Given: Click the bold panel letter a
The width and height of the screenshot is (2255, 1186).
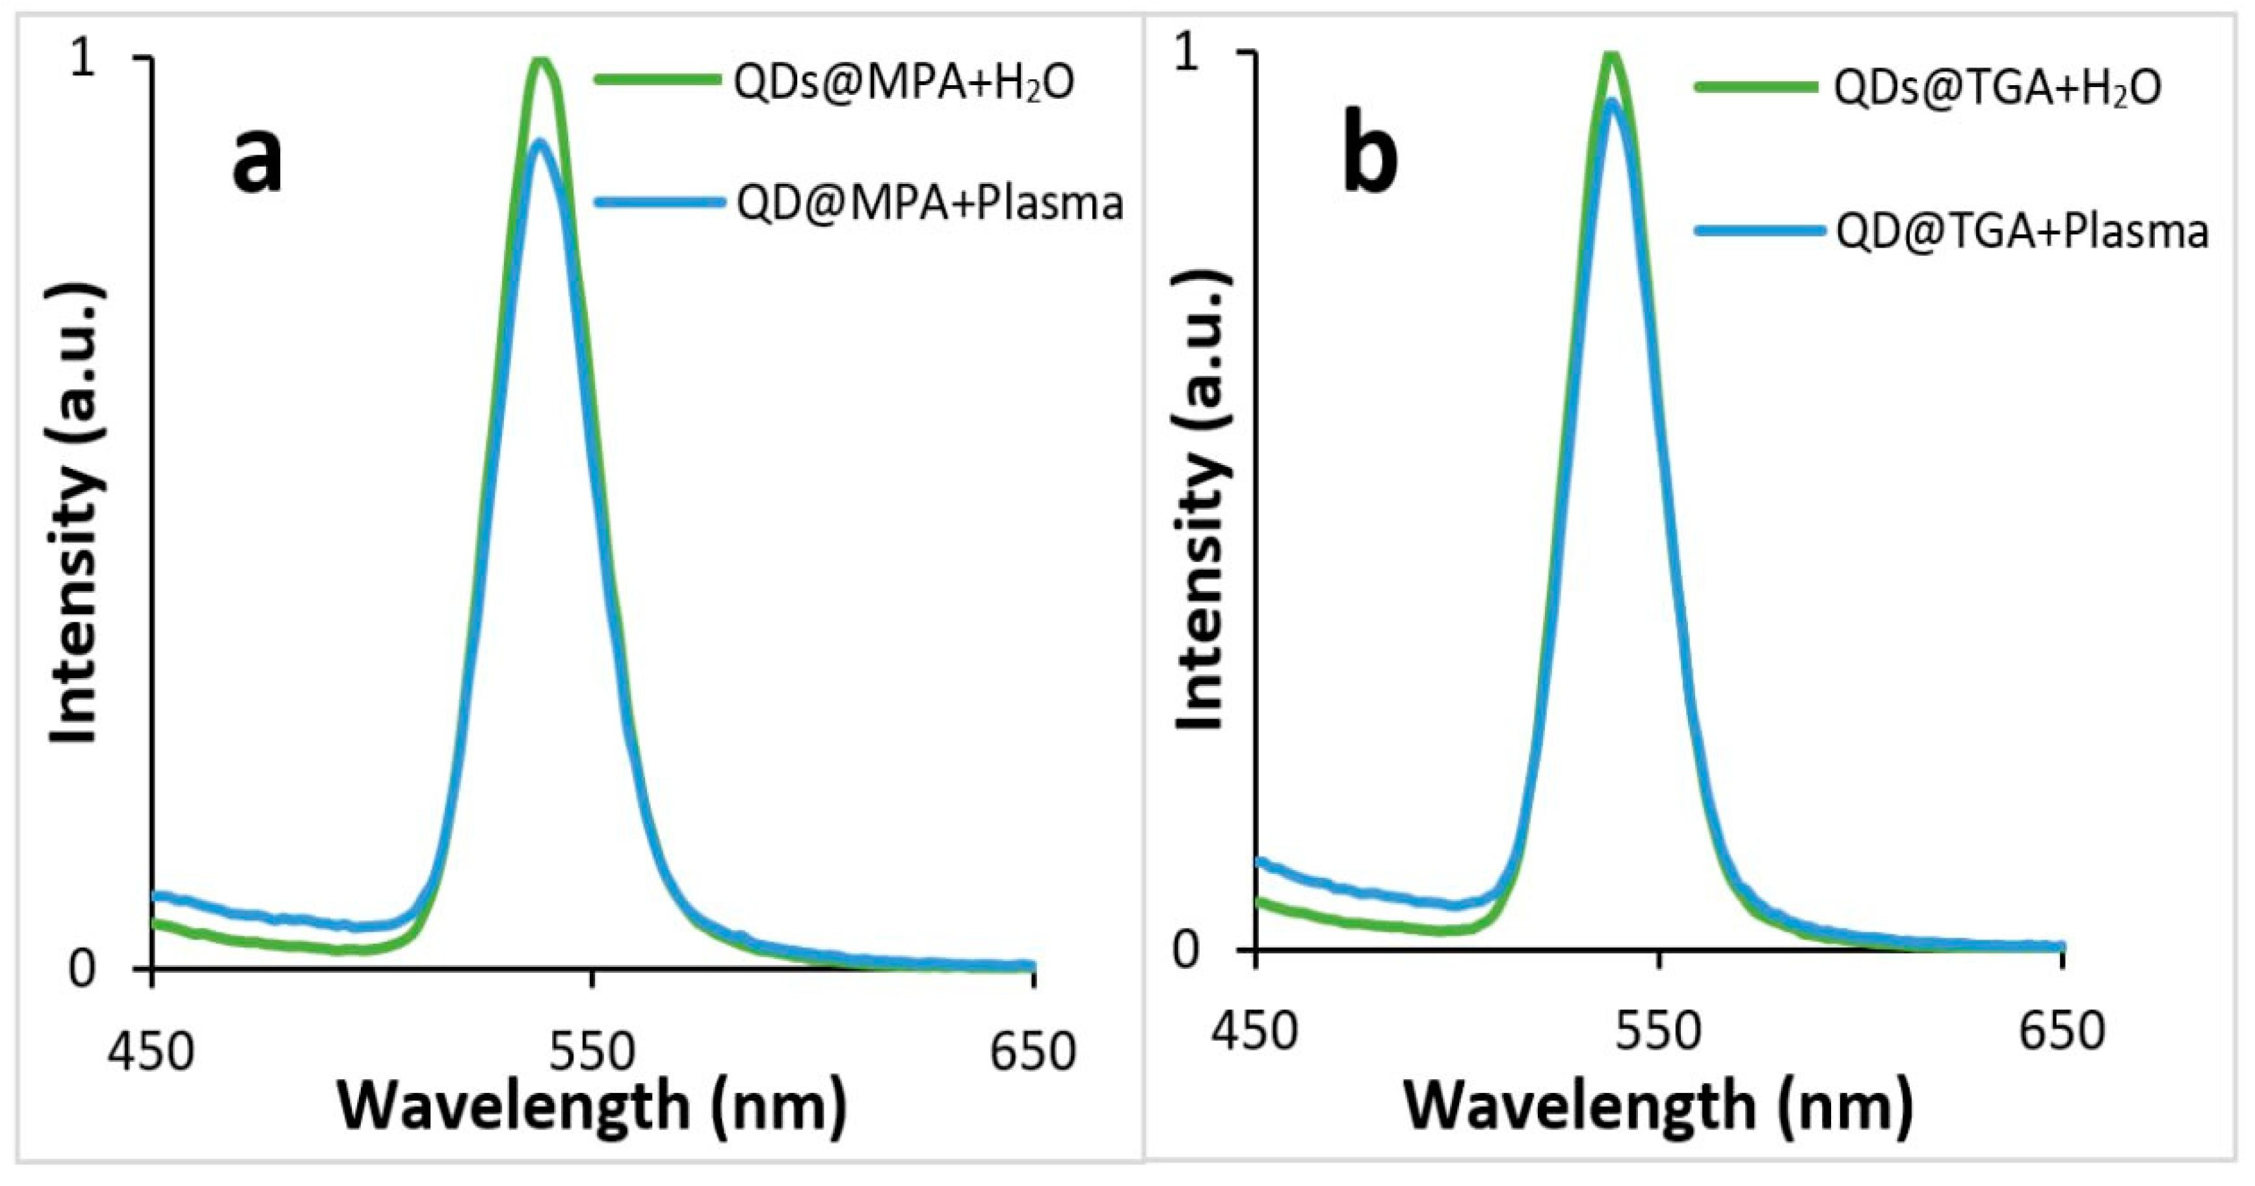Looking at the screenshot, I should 257,164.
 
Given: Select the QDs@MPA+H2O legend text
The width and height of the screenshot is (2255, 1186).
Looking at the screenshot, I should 903,83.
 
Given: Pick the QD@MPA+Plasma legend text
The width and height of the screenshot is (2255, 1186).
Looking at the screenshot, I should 929,203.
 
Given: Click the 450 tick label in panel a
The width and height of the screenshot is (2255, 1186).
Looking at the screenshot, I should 151,1053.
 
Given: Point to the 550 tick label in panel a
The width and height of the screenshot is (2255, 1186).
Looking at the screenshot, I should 592,1053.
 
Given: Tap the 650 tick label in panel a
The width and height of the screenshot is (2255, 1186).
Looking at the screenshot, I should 1033,1053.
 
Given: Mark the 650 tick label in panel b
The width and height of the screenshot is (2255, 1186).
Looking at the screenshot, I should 2061,1032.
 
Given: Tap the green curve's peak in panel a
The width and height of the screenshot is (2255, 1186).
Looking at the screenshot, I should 541,60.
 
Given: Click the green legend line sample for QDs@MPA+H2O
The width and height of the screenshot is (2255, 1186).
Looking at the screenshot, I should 661,79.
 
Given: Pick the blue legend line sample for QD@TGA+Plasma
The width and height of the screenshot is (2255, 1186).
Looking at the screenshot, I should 1760,231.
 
